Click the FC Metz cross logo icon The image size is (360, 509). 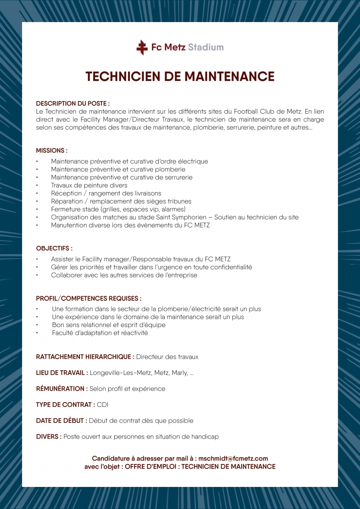[x=142, y=47]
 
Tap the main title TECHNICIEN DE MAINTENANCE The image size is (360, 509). [x=180, y=76]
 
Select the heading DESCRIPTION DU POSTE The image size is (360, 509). [x=73, y=103]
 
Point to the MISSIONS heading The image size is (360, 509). [x=52, y=151]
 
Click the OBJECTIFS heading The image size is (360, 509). [x=54, y=248]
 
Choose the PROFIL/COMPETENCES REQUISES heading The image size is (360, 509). [x=89, y=299]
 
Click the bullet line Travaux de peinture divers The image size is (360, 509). [x=89, y=185]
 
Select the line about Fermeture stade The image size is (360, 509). [x=118, y=209]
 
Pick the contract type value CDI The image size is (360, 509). [x=103, y=405]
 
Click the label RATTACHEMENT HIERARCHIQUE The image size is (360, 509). [x=85, y=357]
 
